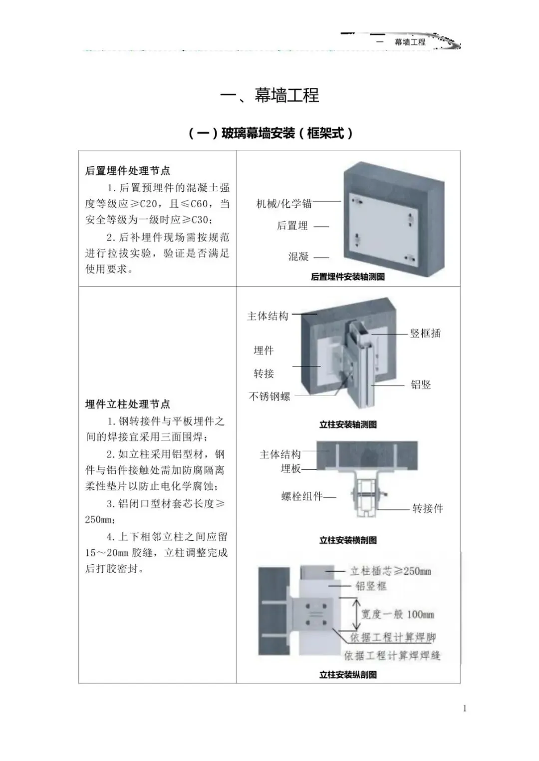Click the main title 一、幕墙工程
click(x=269, y=95)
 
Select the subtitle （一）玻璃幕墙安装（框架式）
click(x=271, y=133)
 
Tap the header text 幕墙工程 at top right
click(x=410, y=42)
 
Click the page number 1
click(x=465, y=708)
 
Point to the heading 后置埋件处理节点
click(x=128, y=171)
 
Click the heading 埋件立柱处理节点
click(x=128, y=404)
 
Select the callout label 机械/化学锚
click(x=284, y=203)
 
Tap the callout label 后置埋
click(x=292, y=226)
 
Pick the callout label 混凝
click(x=298, y=257)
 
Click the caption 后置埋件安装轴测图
click(x=347, y=277)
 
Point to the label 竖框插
click(x=425, y=334)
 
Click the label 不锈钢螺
click(x=269, y=396)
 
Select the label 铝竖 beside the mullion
click(x=421, y=384)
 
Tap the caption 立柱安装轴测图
click(x=348, y=424)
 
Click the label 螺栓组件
click(x=302, y=496)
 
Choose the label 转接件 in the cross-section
click(x=428, y=508)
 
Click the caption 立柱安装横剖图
click(x=348, y=540)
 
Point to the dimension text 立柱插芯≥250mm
click(x=390, y=571)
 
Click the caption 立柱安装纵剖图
click(x=348, y=675)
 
